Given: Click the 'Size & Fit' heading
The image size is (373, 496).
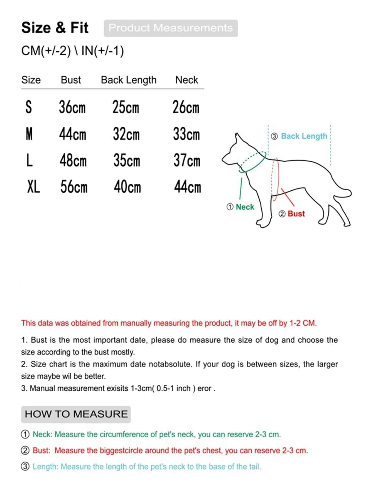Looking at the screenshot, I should (x=55, y=28).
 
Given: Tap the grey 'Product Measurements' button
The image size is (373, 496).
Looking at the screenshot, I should (x=171, y=28).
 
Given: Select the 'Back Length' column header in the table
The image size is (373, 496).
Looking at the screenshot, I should (x=129, y=80).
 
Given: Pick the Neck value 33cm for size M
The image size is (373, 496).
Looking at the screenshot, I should (x=186, y=134).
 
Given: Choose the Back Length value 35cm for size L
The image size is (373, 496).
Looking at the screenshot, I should (x=127, y=161).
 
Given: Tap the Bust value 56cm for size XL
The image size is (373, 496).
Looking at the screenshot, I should (x=74, y=187).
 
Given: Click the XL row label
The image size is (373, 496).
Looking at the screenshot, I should (x=33, y=187).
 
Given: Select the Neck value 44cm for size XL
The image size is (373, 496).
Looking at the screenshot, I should (x=187, y=187).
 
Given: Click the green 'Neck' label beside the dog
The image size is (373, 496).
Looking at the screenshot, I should (x=245, y=207).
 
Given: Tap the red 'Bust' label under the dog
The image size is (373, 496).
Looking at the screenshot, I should (x=296, y=214).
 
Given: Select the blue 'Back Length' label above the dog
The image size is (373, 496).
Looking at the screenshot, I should (x=304, y=136).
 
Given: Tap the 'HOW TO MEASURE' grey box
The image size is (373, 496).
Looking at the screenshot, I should (x=76, y=414).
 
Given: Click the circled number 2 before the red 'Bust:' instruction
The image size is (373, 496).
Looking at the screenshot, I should (x=25, y=450).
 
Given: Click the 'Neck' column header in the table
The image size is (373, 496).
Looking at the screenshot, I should (x=186, y=80).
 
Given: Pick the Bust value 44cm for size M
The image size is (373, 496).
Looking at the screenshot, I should (x=73, y=134).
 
